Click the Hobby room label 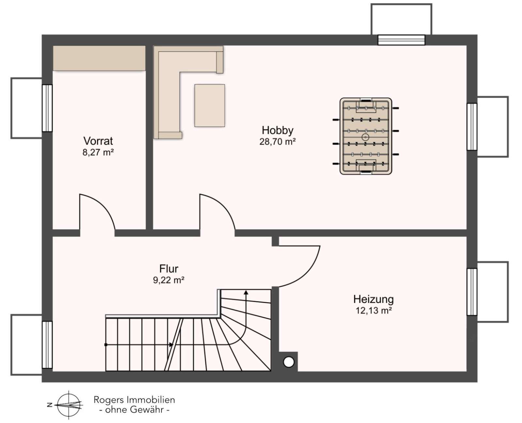click(277, 130)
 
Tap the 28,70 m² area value click(277, 142)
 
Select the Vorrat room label click(98, 141)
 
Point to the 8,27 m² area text click(98, 152)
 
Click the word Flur click(169, 269)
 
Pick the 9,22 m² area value click(169, 280)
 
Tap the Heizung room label click(374, 300)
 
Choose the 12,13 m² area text click(374, 311)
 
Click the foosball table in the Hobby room click(366, 136)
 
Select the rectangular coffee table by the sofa click(209, 105)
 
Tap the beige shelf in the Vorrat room click(99, 58)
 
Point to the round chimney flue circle click(288, 362)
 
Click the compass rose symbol click(69, 405)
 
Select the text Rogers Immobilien click(134, 400)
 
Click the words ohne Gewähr click(134, 410)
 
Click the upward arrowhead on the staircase click(246, 292)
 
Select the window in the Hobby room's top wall click(401, 40)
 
